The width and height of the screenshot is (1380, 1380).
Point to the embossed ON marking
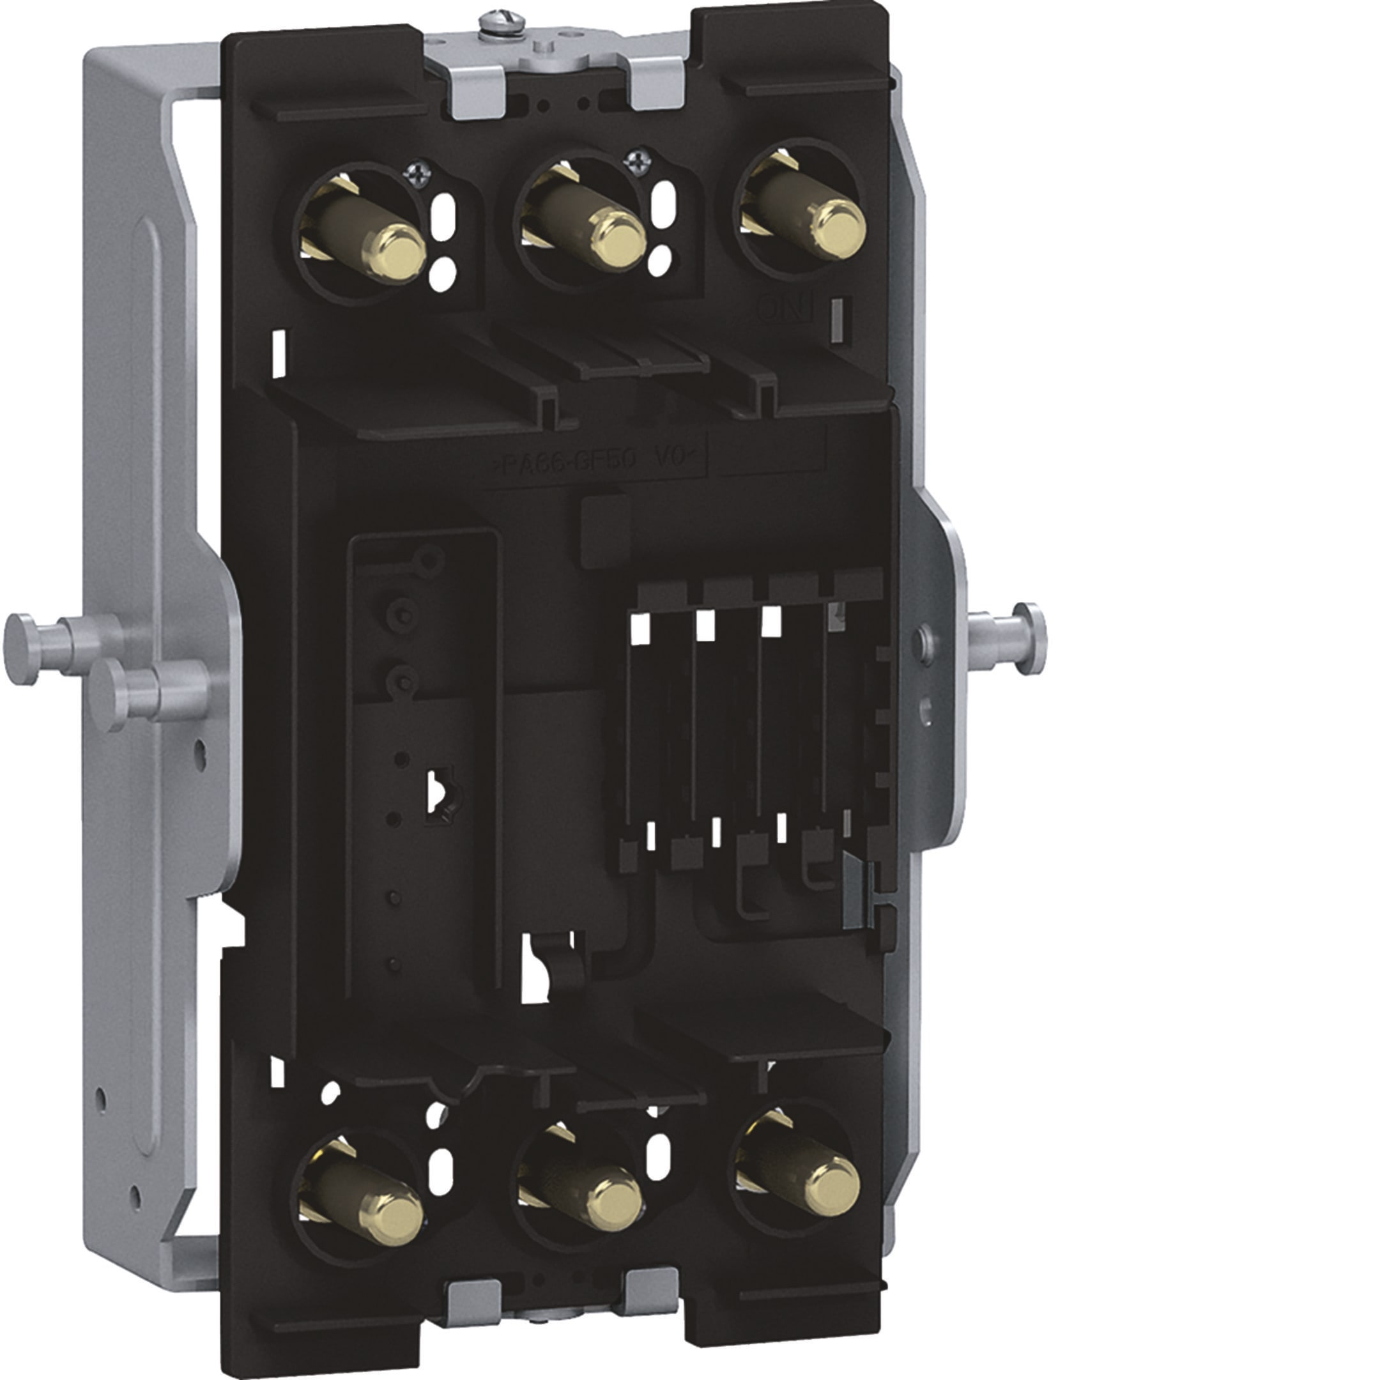(x=785, y=309)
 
